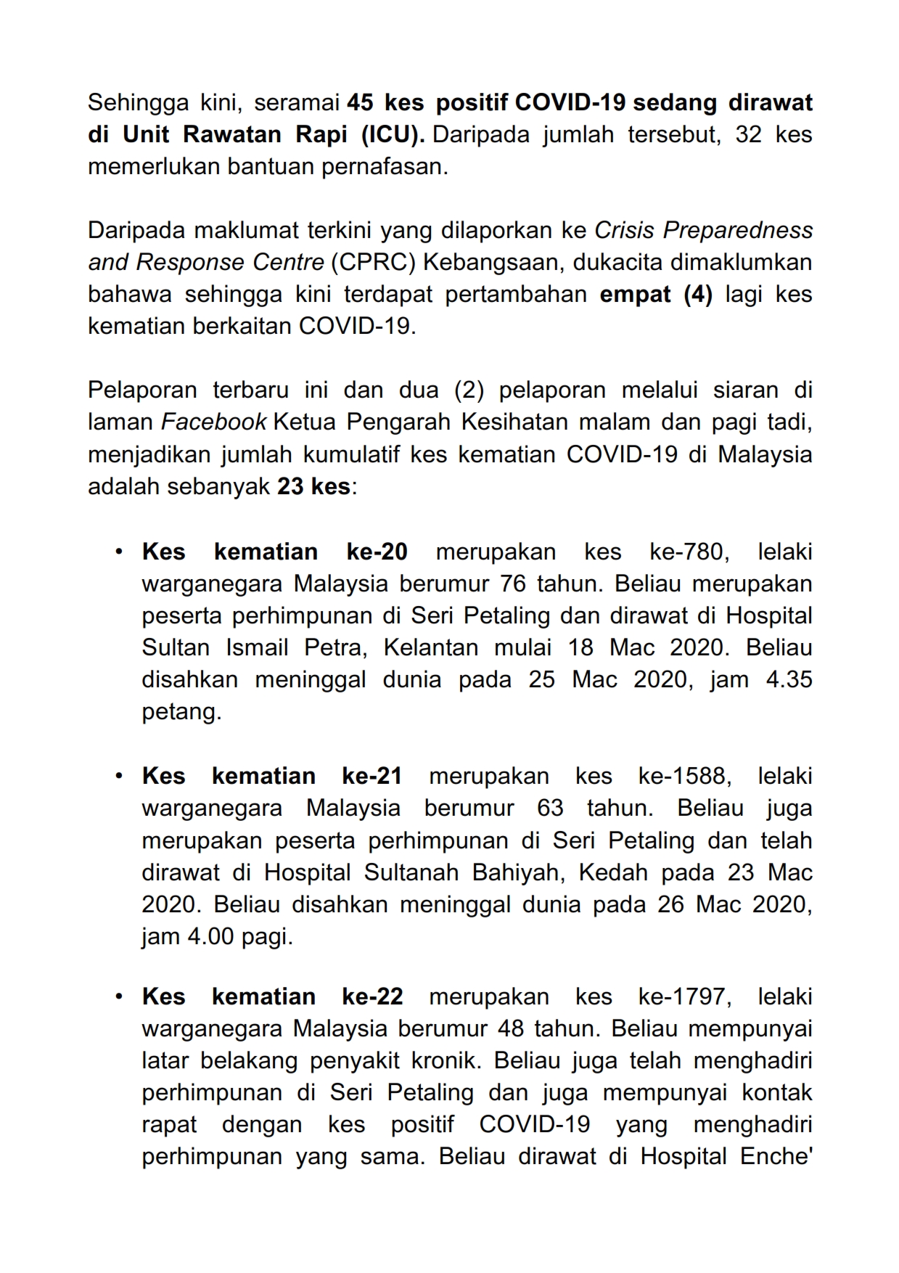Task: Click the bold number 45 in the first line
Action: tap(360, 103)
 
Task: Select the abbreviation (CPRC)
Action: tap(373, 262)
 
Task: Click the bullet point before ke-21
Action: tap(118, 776)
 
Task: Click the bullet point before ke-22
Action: tap(118, 996)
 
